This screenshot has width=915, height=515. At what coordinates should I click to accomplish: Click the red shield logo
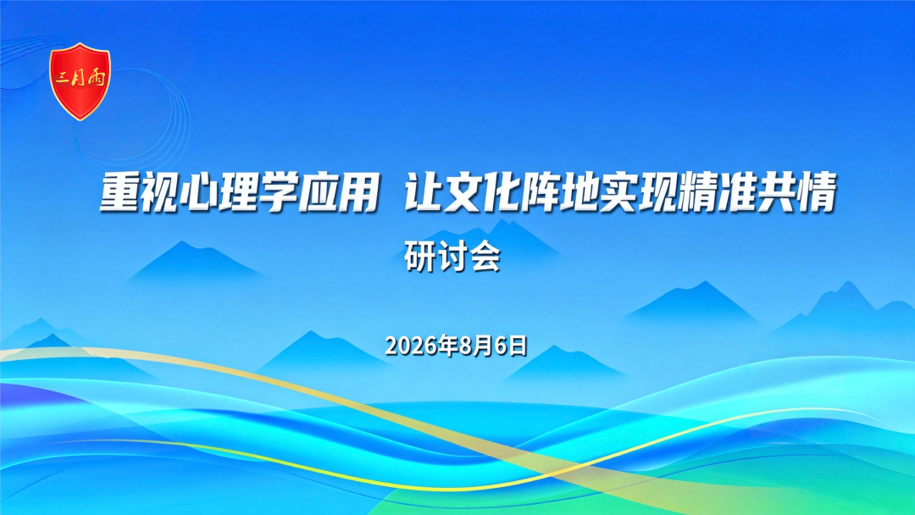pyautogui.click(x=80, y=81)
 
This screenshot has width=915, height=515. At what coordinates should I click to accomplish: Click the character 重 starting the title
pyautogui.click(x=119, y=191)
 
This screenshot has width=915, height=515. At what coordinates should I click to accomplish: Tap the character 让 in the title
pyautogui.click(x=424, y=191)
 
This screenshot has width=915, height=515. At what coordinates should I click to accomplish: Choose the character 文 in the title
pyautogui.click(x=463, y=191)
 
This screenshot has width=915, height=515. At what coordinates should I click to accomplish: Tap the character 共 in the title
pyautogui.click(x=777, y=191)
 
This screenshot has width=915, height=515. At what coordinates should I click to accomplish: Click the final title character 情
pyautogui.click(x=817, y=191)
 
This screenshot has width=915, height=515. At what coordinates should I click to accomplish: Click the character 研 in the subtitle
pyautogui.click(x=419, y=257)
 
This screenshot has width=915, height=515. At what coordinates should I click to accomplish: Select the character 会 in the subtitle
pyautogui.click(x=485, y=257)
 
